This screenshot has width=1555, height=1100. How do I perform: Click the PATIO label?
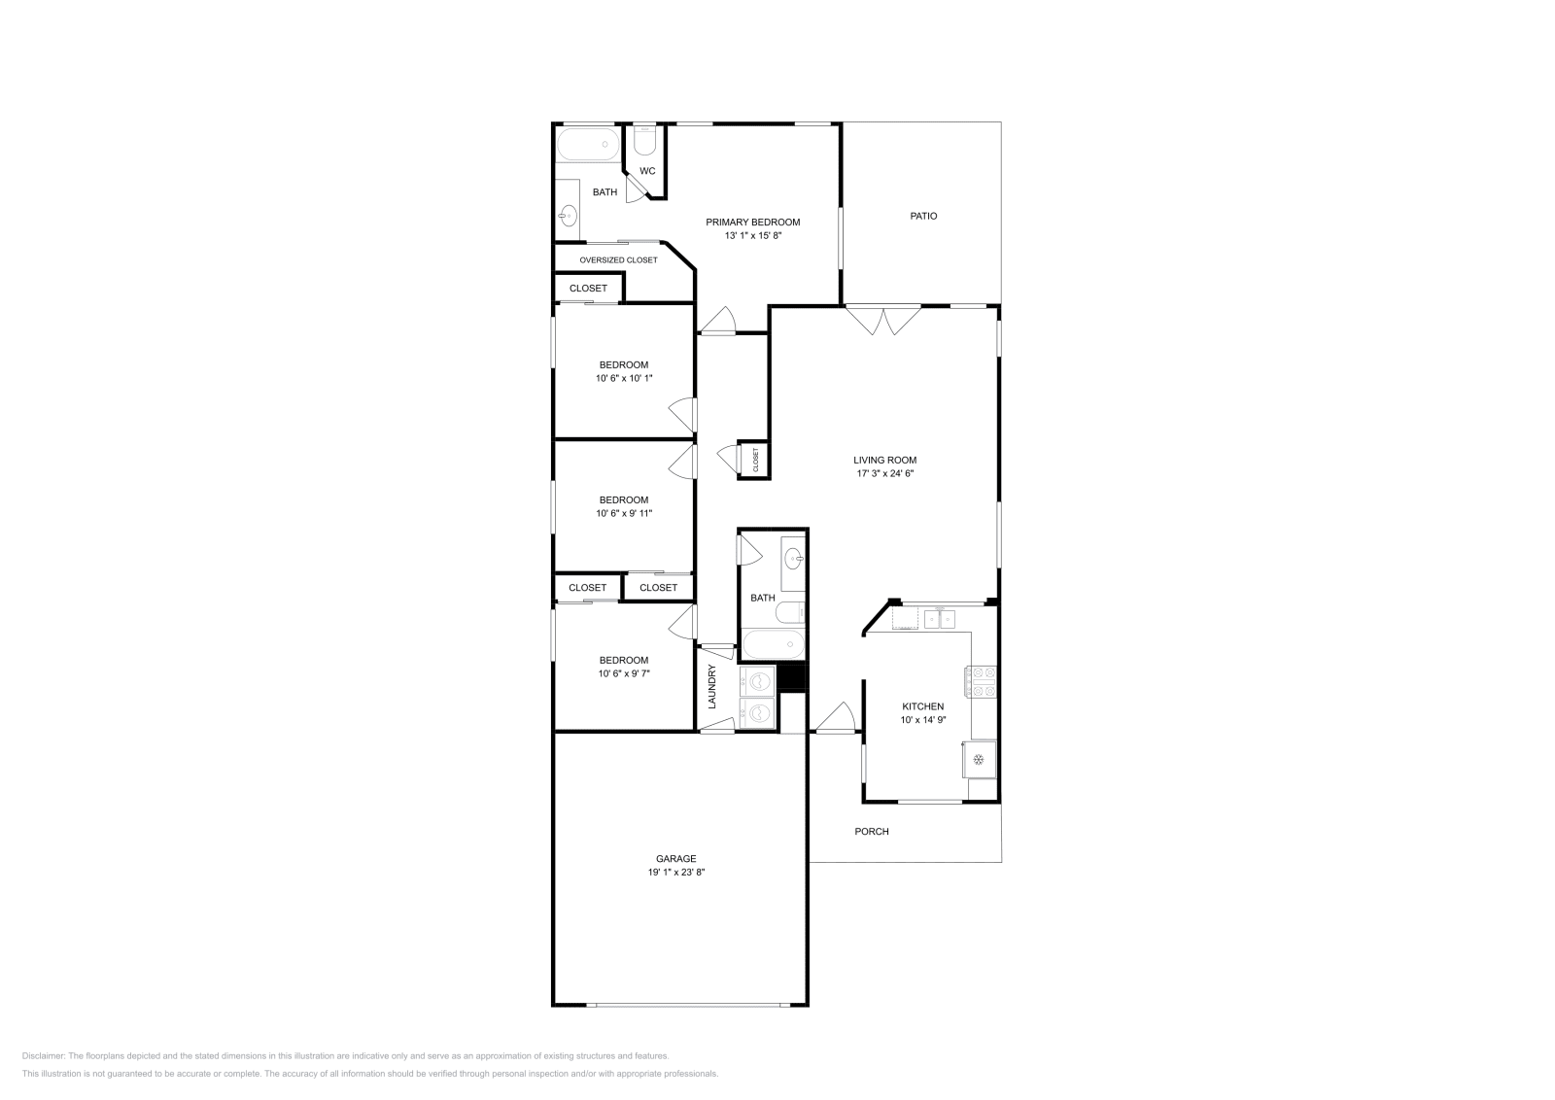coord(923,216)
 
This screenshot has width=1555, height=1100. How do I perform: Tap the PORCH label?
coord(871,831)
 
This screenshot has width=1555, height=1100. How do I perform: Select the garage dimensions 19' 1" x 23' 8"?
coord(675,873)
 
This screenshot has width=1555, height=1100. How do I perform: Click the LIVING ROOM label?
coord(884,461)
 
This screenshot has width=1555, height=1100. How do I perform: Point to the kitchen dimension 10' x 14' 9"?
coord(922,720)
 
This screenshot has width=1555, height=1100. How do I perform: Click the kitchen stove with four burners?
coord(980,681)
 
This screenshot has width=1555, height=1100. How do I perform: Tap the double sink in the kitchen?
coord(939,618)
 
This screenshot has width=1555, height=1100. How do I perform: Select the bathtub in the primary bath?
coord(587,145)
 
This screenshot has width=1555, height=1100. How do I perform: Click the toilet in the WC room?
coord(644,142)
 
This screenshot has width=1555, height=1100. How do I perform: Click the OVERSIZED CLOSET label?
coord(618,260)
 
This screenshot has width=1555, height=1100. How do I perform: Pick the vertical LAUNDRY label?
coord(712,686)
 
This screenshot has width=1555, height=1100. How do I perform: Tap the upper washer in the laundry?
coord(758,680)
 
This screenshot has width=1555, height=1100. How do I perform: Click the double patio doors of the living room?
coord(882,321)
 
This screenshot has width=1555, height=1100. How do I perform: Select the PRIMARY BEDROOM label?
coord(752,223)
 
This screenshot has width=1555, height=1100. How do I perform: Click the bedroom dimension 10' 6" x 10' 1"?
coord(623,378)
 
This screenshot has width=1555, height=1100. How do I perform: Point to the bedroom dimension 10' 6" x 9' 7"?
coord(623,672)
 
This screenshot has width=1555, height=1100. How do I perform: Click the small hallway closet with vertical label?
coord(754,460)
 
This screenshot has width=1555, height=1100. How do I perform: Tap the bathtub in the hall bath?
coord(773,644)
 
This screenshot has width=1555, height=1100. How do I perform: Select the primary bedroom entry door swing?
coord(720,321)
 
